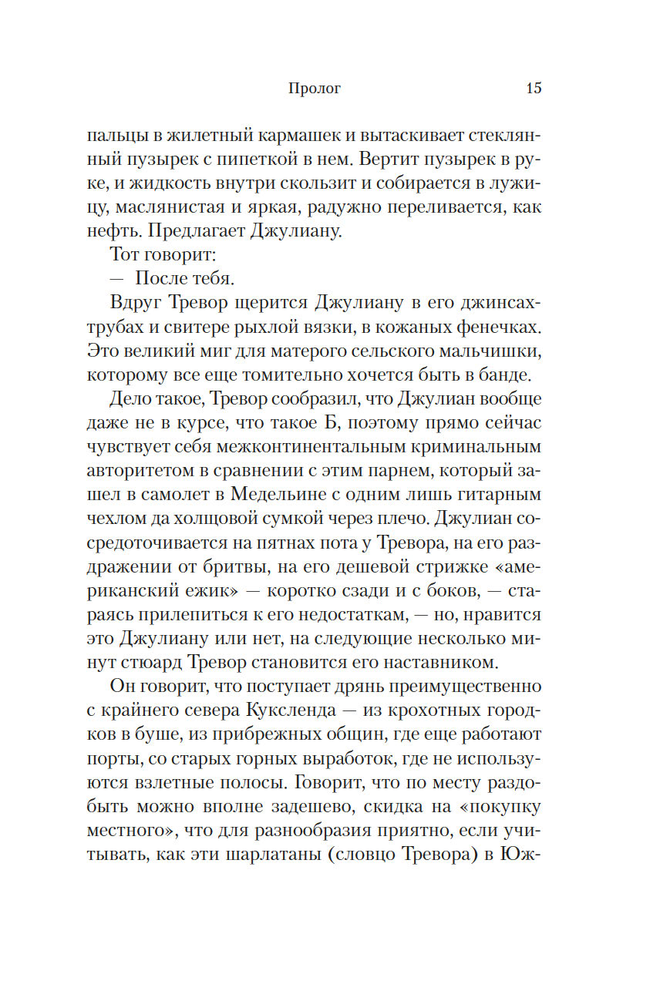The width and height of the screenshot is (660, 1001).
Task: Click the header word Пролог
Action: point(314,89)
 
